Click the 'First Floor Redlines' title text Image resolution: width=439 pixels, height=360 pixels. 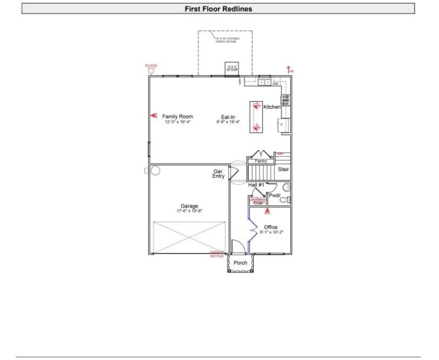coord(218,9)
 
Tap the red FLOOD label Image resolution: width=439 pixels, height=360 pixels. coord(151,66)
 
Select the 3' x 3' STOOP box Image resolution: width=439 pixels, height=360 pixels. coord(232,68)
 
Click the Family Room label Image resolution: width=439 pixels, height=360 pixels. coord(177,116)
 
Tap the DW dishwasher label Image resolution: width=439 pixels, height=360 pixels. coord(275,83)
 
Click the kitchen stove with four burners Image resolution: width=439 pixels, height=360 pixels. coord(285,100)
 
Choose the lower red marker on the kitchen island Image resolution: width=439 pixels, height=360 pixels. coord(255,128)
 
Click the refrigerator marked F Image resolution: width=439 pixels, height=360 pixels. coord(284,125)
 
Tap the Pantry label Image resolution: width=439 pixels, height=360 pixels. coord(261,161)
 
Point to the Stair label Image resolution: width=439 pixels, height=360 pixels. coord(283,170)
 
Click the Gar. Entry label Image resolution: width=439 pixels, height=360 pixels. coord(219,174)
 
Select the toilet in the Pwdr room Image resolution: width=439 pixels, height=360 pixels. coord(284,200)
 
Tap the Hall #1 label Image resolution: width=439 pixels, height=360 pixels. coord(256,185)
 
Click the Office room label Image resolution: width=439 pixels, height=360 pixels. coord(271,227)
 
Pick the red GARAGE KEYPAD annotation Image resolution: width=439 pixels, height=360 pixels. coord(217,254)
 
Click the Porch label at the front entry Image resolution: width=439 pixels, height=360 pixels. coord(240,263)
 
